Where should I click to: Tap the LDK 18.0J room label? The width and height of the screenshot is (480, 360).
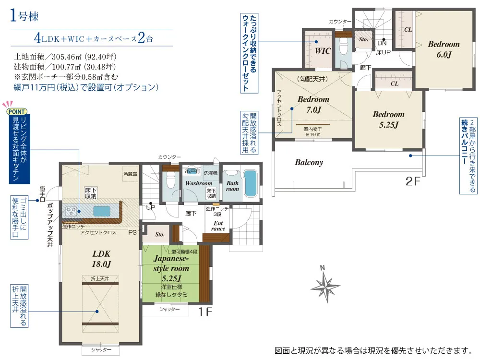pos(101,259)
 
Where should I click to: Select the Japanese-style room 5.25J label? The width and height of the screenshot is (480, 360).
pos(171,268)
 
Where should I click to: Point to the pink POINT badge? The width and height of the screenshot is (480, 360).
pos(16,111)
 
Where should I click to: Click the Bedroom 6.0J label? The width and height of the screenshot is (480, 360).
pos(444,49)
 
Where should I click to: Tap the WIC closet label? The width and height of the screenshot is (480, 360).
pos(323,51)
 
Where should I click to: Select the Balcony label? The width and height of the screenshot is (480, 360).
pos(309,162)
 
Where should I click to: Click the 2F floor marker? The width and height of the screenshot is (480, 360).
pos(413,181)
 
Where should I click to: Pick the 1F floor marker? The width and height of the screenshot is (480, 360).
pos(205,312)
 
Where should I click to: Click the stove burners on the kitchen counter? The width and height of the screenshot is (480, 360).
pos(71,211)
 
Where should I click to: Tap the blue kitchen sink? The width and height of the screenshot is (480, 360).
pos(102,211)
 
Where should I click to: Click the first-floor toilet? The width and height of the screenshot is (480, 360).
pos(170,180)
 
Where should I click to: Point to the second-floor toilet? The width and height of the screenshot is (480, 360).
pos(344,47)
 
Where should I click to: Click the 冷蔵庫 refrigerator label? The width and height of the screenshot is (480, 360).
pos(131,174)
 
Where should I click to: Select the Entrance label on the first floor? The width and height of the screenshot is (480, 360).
pos(218,226)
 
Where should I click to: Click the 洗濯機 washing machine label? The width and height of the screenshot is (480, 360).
pos(211,173)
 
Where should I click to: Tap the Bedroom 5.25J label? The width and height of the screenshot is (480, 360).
pos(388,120)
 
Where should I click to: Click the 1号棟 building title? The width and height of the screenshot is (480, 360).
pos(24,16)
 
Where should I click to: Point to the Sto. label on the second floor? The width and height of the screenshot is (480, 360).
pos(363,39)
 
